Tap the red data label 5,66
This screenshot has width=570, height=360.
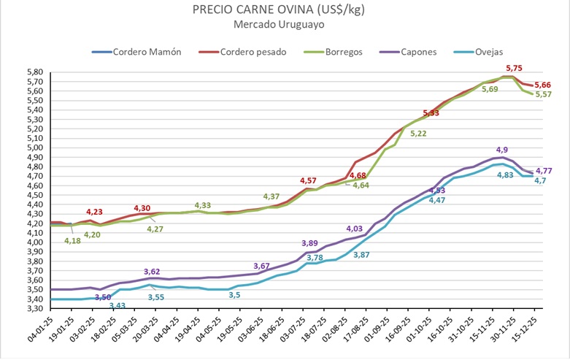tap(544, 85)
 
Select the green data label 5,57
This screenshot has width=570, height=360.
tap(544, 95)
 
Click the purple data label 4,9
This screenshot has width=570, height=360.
tap(503, 150)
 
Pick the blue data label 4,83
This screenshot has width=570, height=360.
tap(505, 175)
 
